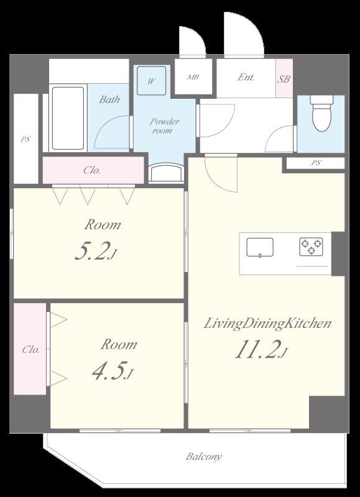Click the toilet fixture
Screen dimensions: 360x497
pyautogui.click(x=321, y=113)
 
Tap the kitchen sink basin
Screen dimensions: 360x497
pyautogui.click(x=260, y=247)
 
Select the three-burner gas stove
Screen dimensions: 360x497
pyautogui.click(x=311, y=247)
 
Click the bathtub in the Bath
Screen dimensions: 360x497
pyautogui.click(x=68, y=118)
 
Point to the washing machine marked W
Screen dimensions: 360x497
pyautogui.click(x=151, y=81)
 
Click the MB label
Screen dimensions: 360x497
pyautogui.click(x=193, y=77)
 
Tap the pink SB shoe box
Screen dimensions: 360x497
pyautogui.click(x=284, y=78)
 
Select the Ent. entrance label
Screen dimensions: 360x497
pyautogui.click(x=246, y=77)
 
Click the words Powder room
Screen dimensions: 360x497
pyautogui.click(x=164, y=126)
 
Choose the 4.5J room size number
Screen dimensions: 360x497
pyautogui.click(x=113, y=370)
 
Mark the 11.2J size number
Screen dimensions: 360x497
pyautogui.click(x=261, y=349)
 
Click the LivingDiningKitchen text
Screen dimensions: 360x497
pyautogui.click(x=267, y=324)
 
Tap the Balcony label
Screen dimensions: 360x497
pyautogui.click(x=204, y=457)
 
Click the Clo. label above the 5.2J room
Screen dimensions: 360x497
pyautogui.click(x=92, y=170)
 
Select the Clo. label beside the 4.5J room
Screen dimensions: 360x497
pyautogui.click(x=30, y=350)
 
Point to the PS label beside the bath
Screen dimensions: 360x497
pyautogui.click(x=25, y=139)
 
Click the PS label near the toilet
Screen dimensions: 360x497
pyautogui.click(x=315, y=163)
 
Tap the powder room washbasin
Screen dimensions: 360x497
pyautogui.click(x=166, y=173)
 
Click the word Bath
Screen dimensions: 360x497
pyautogui.click(x=109, y=99)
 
